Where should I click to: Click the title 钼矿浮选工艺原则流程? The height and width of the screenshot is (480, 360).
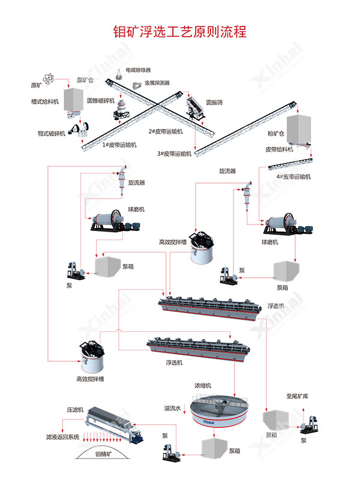coord(180,31)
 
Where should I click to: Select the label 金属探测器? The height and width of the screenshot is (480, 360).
coord(157,83)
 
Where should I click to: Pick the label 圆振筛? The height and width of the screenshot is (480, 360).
coord(214,103)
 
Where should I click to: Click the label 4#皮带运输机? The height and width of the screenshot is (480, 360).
coord(295,176)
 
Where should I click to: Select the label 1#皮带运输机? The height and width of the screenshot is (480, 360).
coord(119,145)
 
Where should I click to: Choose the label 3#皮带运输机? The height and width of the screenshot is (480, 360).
coord(174,154)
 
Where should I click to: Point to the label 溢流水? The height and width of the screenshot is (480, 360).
coord(172,408)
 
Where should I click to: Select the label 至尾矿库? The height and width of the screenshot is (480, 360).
coord(297,397)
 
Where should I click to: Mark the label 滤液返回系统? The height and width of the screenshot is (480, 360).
coord(62,437)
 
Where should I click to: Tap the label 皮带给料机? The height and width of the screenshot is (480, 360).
coord(279,149)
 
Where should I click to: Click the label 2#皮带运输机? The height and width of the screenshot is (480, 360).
coord(166,131)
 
